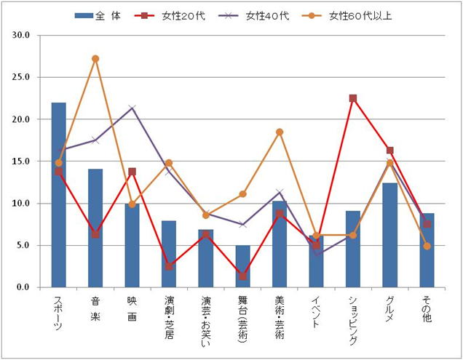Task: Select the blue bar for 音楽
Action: (x=95, y=228)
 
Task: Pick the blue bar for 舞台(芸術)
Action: (x=242, y=266)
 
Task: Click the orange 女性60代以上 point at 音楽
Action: (x=95, y=58)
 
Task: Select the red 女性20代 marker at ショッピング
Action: (x=353, y=98)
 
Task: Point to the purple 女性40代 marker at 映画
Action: (x=132, y=108)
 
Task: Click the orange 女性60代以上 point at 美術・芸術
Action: (x=280, y=132)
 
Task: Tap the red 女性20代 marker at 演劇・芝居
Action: (x=169, y=266)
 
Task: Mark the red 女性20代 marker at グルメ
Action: (x=389, y=151)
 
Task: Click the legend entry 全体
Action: (x=98, y=16)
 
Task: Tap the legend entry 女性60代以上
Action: (x=352, y=16)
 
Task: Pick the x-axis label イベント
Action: (x=316, y=310)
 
